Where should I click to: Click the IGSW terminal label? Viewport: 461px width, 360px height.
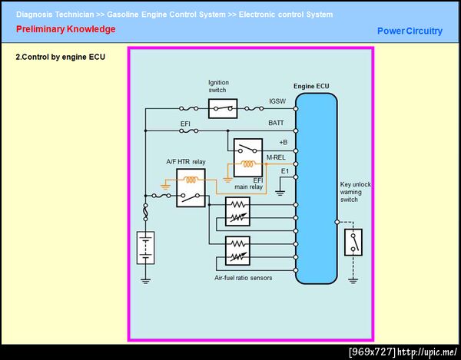click(x=277, y=101)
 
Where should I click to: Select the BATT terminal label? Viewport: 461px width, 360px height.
click(x=276, y=123)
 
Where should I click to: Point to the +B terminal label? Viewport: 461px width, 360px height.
click(x=283, y=143)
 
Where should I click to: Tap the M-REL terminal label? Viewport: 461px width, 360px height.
click(x=276, y=157)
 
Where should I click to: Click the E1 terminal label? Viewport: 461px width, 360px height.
click(x=285, y=171)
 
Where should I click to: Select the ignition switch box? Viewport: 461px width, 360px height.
click(x=223, y=109)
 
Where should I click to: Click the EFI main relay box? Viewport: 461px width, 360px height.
click(x=248, y=157)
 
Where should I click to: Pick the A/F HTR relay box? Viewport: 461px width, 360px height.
click(x=191, y=188)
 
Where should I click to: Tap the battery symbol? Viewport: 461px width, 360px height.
click(x=145, y=248)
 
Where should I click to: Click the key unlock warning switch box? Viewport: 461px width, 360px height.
click(x=353, y=243)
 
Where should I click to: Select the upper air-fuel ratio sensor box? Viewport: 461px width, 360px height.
click(x=237, y=211)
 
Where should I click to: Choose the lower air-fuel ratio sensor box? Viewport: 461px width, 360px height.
click(x=237, y=251)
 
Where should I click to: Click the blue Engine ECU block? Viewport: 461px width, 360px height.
click(x=317, y=189)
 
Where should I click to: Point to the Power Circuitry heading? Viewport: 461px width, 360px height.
click(x=410, y=31)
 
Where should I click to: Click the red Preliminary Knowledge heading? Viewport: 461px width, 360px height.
click(x=66, y=29)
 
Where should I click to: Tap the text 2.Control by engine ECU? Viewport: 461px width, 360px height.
click(x=60, y=57)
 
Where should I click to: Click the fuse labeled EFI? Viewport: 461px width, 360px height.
click(x=189, y=131)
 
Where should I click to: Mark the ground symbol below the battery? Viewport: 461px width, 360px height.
click(x=145, y=281)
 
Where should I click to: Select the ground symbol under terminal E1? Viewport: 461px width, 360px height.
click(x=280, y=193)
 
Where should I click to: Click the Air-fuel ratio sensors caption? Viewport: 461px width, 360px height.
click(x=243, y=278)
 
